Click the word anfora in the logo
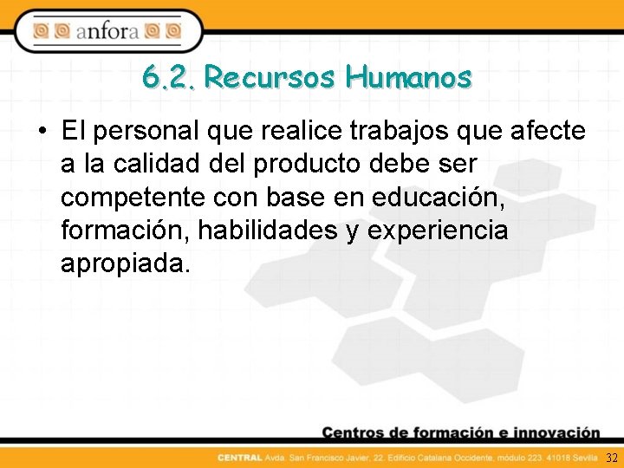[108, 32]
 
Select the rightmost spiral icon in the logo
[173, 32]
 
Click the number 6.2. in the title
[170, 79]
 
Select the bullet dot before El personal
[42, 132]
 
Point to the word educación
[437, 198]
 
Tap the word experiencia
[438, 231]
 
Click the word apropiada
[124, 263]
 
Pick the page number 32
[612, 458]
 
